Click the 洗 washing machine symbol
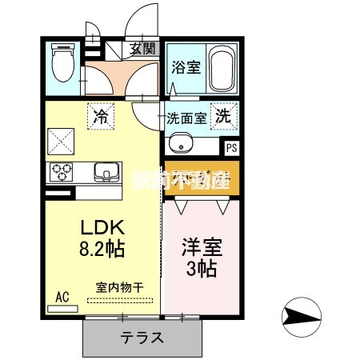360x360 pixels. tap(224, 115)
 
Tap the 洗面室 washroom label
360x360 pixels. tap(186, 118)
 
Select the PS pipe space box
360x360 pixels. tap(230, 147)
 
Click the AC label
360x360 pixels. tap(62, 296)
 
